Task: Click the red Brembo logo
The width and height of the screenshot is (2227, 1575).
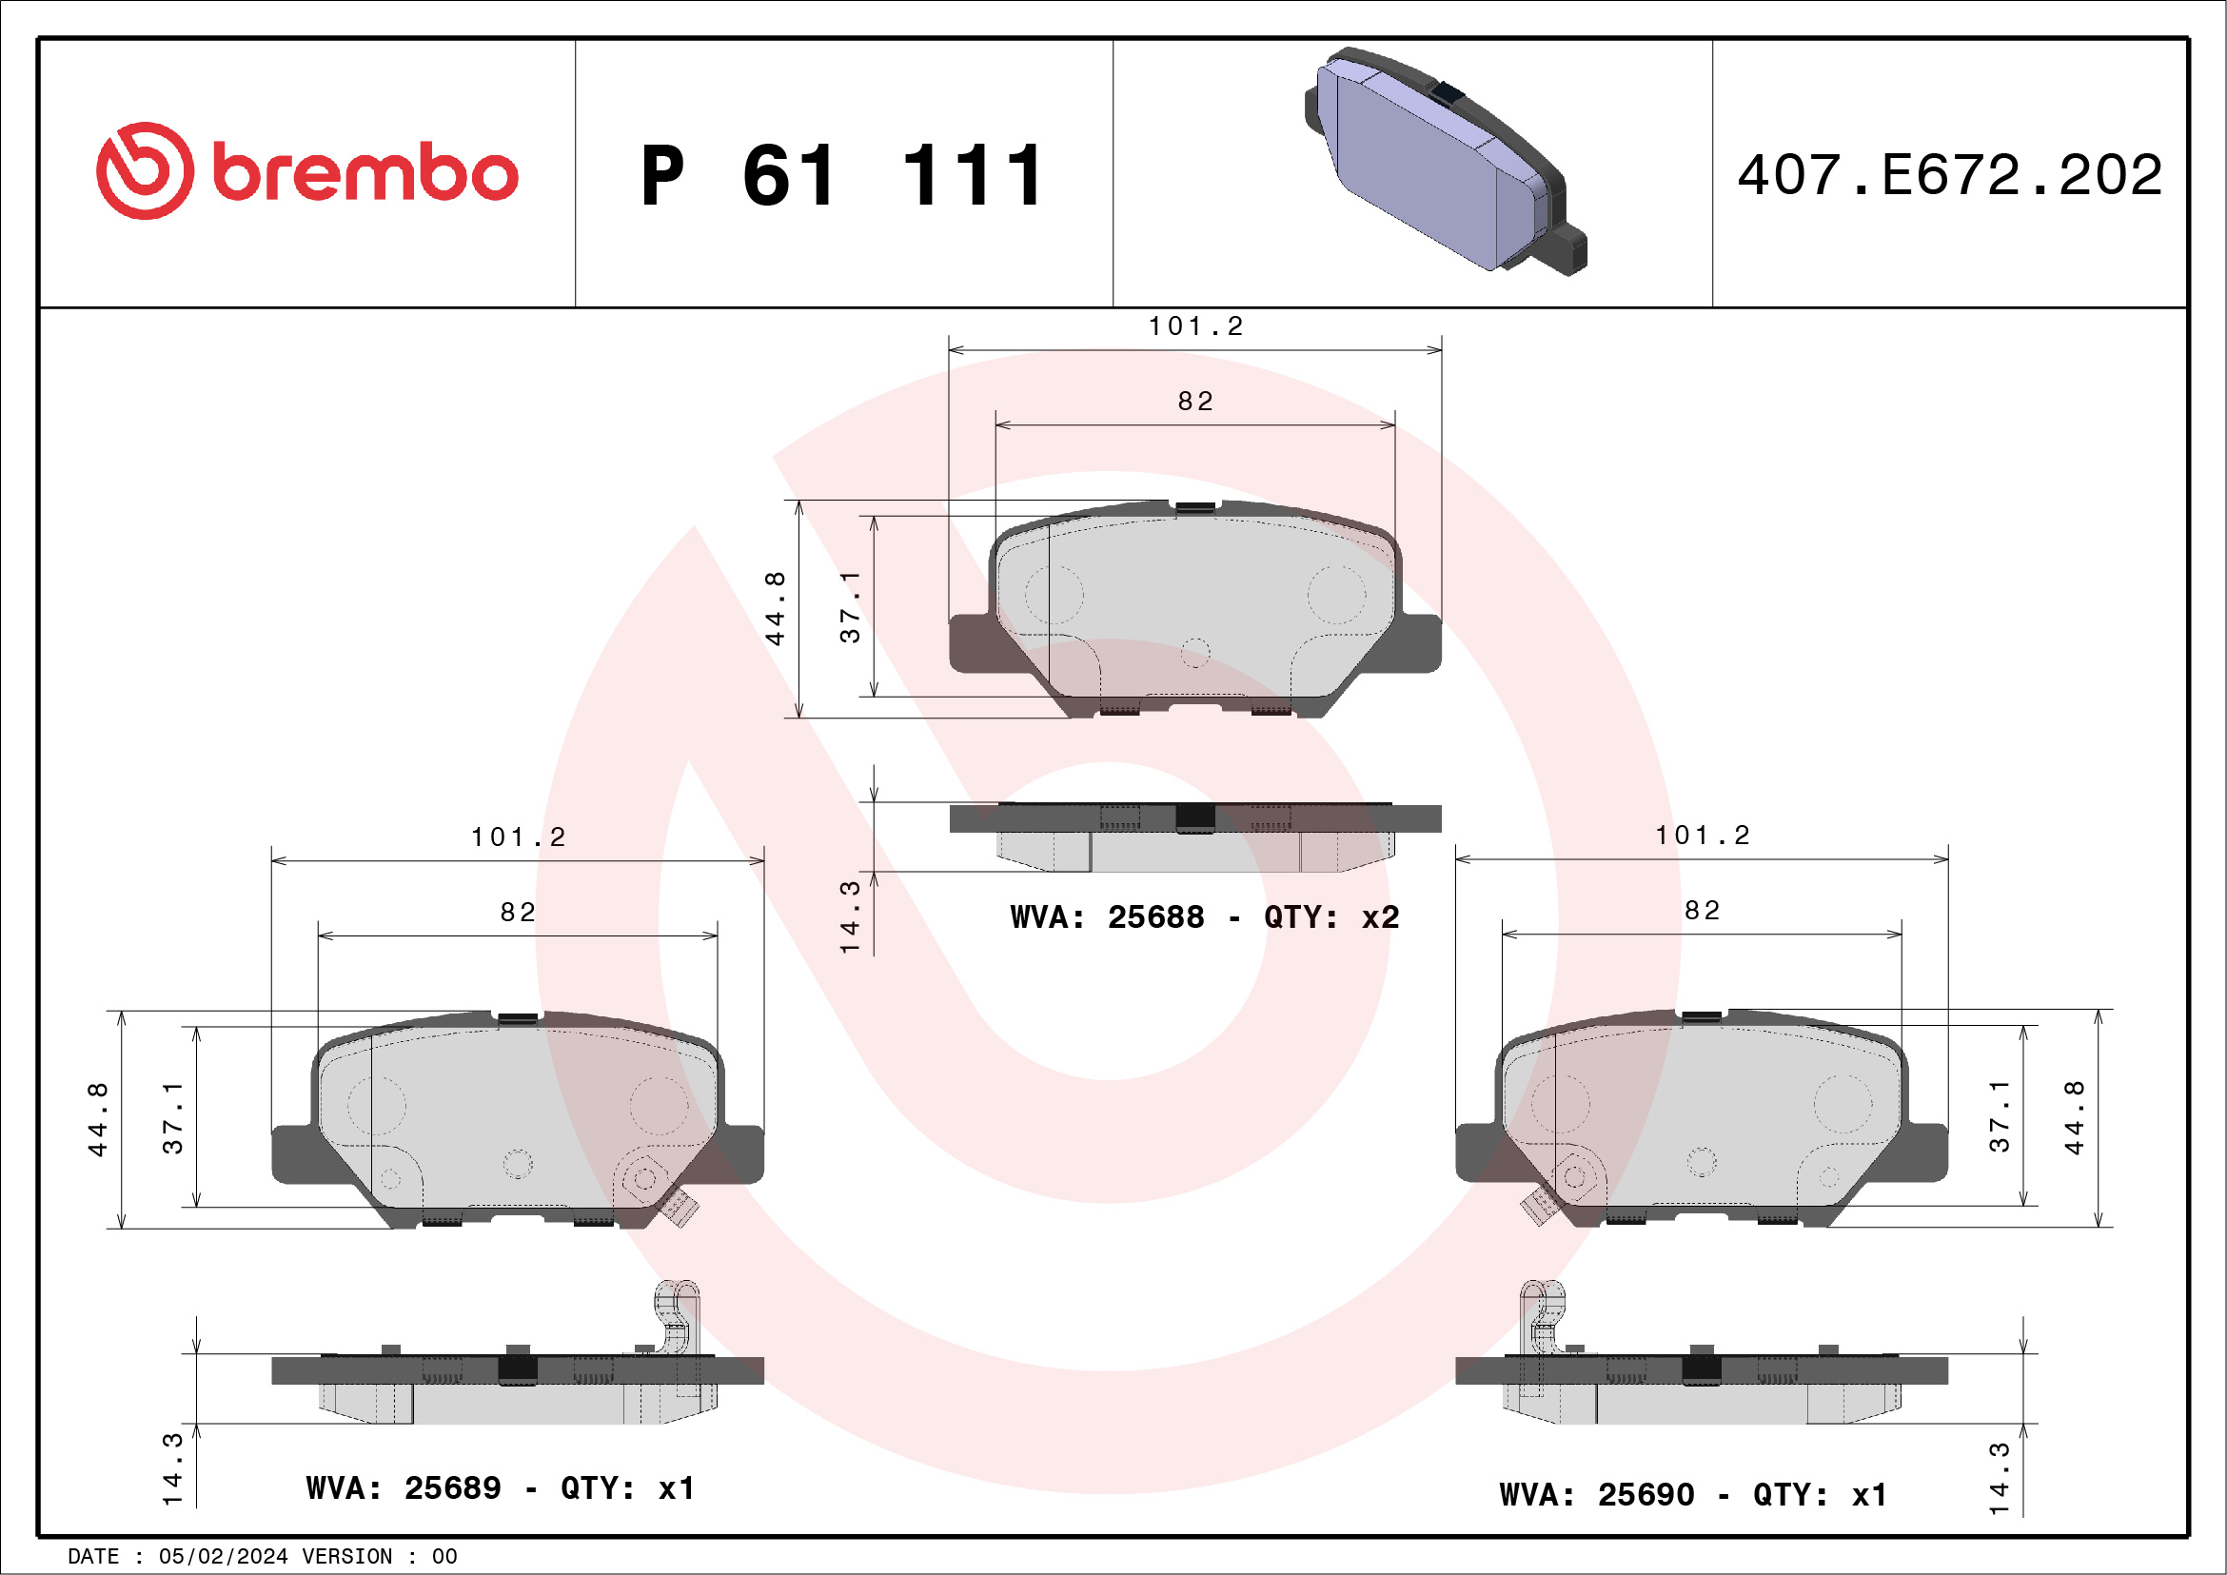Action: tap(306, 171)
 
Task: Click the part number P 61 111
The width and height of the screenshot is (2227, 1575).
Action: tap(842, 176)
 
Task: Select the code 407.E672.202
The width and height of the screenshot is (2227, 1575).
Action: tap(1950, 176)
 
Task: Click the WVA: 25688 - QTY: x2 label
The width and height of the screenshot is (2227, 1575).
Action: tap(1204, 917)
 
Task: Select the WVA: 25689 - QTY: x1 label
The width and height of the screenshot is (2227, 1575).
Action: tap(500, 1488)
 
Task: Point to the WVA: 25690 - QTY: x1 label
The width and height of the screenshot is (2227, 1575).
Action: tap(1692, 1495)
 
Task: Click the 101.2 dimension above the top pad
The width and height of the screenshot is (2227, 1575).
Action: tap(1195, 326)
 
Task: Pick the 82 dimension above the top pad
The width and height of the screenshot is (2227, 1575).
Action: tap(1195, 402)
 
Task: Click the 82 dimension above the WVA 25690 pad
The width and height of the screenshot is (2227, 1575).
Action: tap(1703, 911)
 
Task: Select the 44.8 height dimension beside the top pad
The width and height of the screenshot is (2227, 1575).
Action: tap(775, 608)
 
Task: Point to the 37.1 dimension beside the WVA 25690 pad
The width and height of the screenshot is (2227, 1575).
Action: tap(1999, 1116)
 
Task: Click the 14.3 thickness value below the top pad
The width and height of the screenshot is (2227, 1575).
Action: tap(850, 916)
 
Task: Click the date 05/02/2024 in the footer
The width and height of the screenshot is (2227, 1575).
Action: tap(223, 1557)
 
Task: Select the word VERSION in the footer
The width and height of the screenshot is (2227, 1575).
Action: tap(347, 1557)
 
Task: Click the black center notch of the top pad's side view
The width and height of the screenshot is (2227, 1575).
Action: tap(1194, 817)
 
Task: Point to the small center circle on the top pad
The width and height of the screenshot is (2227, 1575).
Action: tap(1195, 653)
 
